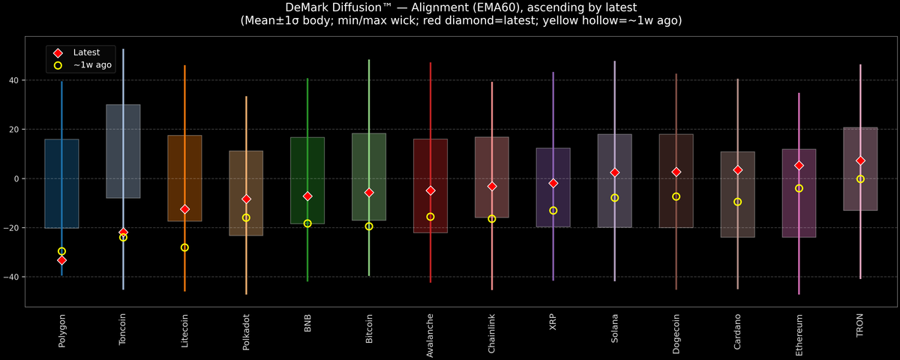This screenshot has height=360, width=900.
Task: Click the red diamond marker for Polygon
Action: coord(61,260)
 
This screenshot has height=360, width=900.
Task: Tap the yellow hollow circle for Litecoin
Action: coord(184,247)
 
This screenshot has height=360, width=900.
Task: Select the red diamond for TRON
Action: coord(860,160)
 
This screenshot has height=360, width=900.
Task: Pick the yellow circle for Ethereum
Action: coord(799,188)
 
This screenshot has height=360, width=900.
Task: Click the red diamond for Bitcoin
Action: coord(369,193)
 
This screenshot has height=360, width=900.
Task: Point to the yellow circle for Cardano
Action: coord(737,202)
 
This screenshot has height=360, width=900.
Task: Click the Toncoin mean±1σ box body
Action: coord(123,151)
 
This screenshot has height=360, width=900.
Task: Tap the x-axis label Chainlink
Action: coord(492,334)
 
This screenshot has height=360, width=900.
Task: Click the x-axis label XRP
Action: coord(553,322)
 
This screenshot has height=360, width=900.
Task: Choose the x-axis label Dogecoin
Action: coord(676,334)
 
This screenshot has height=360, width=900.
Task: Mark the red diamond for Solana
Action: coord(615,172)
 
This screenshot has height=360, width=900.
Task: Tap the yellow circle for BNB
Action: coord(307,223)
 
